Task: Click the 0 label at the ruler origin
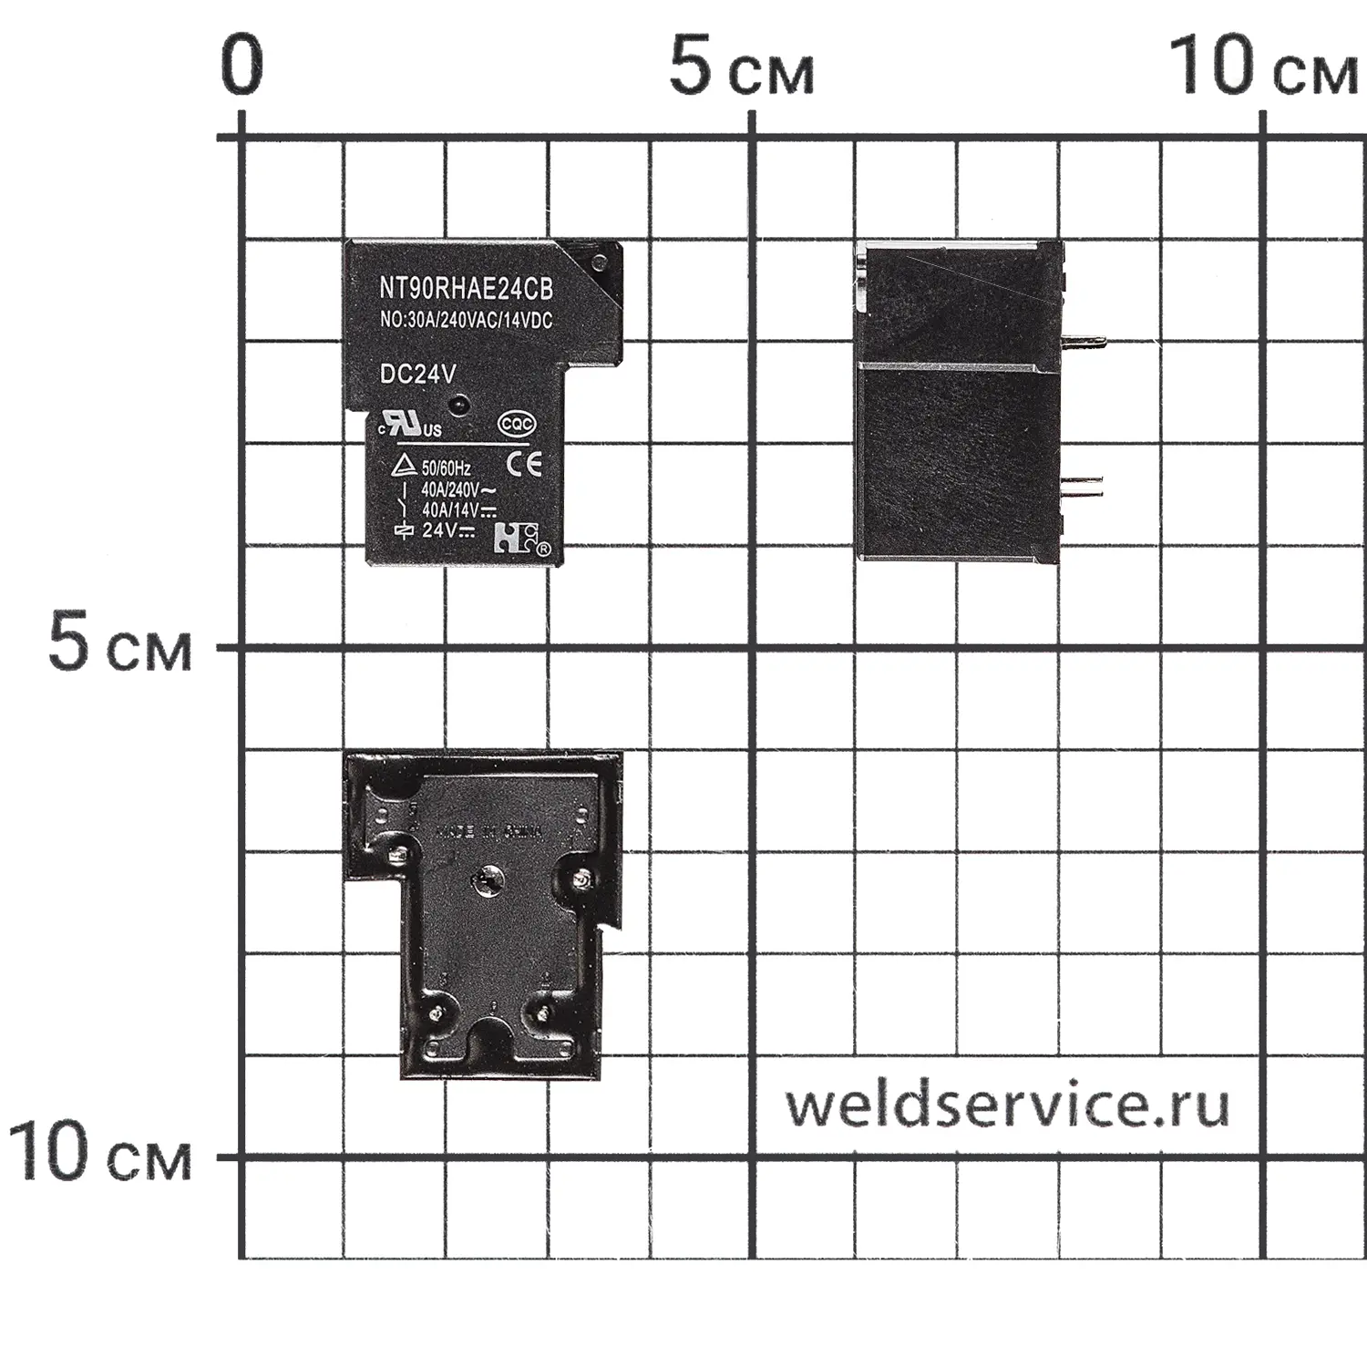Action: (242, 67)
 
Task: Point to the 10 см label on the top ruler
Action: (1263, 67)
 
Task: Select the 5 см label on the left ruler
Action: (119, 644)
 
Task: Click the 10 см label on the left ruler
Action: (101, 1153)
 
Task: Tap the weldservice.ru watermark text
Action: (1007, 1105)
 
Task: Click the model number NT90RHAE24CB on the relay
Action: (466, 290)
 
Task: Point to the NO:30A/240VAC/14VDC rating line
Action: (466, 321)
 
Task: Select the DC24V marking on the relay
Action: (417, 375)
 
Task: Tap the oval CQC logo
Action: (517, 424)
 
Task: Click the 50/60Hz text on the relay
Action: (446, 468)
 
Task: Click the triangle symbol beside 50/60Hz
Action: (404, 467)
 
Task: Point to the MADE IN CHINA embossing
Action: (489, 832)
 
